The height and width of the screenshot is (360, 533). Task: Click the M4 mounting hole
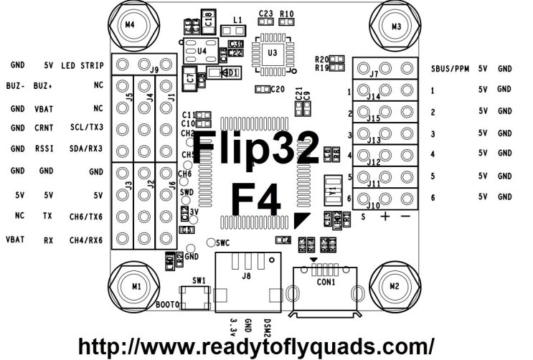[129, 24]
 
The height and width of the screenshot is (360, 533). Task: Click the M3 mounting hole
[396, 26]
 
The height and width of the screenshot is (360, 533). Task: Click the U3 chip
[272, 52]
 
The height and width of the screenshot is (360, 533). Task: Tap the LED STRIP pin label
[82, 65]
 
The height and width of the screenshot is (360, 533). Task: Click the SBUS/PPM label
[450, 70]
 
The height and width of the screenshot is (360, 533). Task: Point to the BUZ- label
[16, 85]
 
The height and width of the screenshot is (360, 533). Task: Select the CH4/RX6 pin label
[86, 240]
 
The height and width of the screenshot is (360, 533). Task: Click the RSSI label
[44, 149]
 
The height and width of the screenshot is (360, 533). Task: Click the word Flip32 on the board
[256, 148]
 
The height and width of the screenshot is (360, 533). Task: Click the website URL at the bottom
[255, 346]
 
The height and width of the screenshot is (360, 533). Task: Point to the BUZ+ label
[44, 85]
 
